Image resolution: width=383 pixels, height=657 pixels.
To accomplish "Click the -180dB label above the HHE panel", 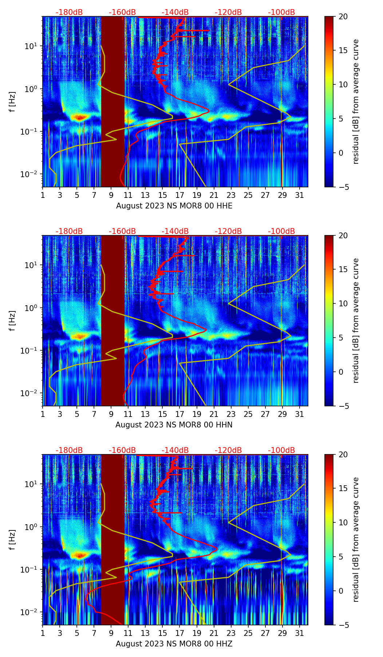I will pyautogui.click(x=69, y=12).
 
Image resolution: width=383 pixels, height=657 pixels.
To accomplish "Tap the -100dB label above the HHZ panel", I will pyautogui.click(x=281, y=450).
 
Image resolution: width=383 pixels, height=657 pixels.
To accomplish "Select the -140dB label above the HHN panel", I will pyautogui.click(x=175, y=231).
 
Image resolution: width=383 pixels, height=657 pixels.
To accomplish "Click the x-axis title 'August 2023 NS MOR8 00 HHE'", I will pyautogui.click(x=174, y=206).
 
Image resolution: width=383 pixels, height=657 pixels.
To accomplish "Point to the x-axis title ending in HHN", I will pyautogui.click(x=174, y=425).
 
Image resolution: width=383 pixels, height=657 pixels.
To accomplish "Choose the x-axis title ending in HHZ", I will pyautogui.click(x=174, y=644).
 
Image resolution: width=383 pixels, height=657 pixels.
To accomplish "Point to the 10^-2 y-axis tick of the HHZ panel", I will pyautogui.click(x=31, y=612).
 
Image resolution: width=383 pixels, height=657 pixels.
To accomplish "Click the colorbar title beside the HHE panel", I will pyautogui.click(x=356, y=101).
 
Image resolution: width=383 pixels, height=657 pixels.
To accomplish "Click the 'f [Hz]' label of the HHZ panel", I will pyautogui.click(x=13, y=539).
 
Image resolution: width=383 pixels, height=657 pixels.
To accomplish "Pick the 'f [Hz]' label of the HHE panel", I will pyautogui.click(x=13, y=101).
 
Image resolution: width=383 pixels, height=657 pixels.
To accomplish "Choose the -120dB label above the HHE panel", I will pyautogui.click(x=228, y=12).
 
